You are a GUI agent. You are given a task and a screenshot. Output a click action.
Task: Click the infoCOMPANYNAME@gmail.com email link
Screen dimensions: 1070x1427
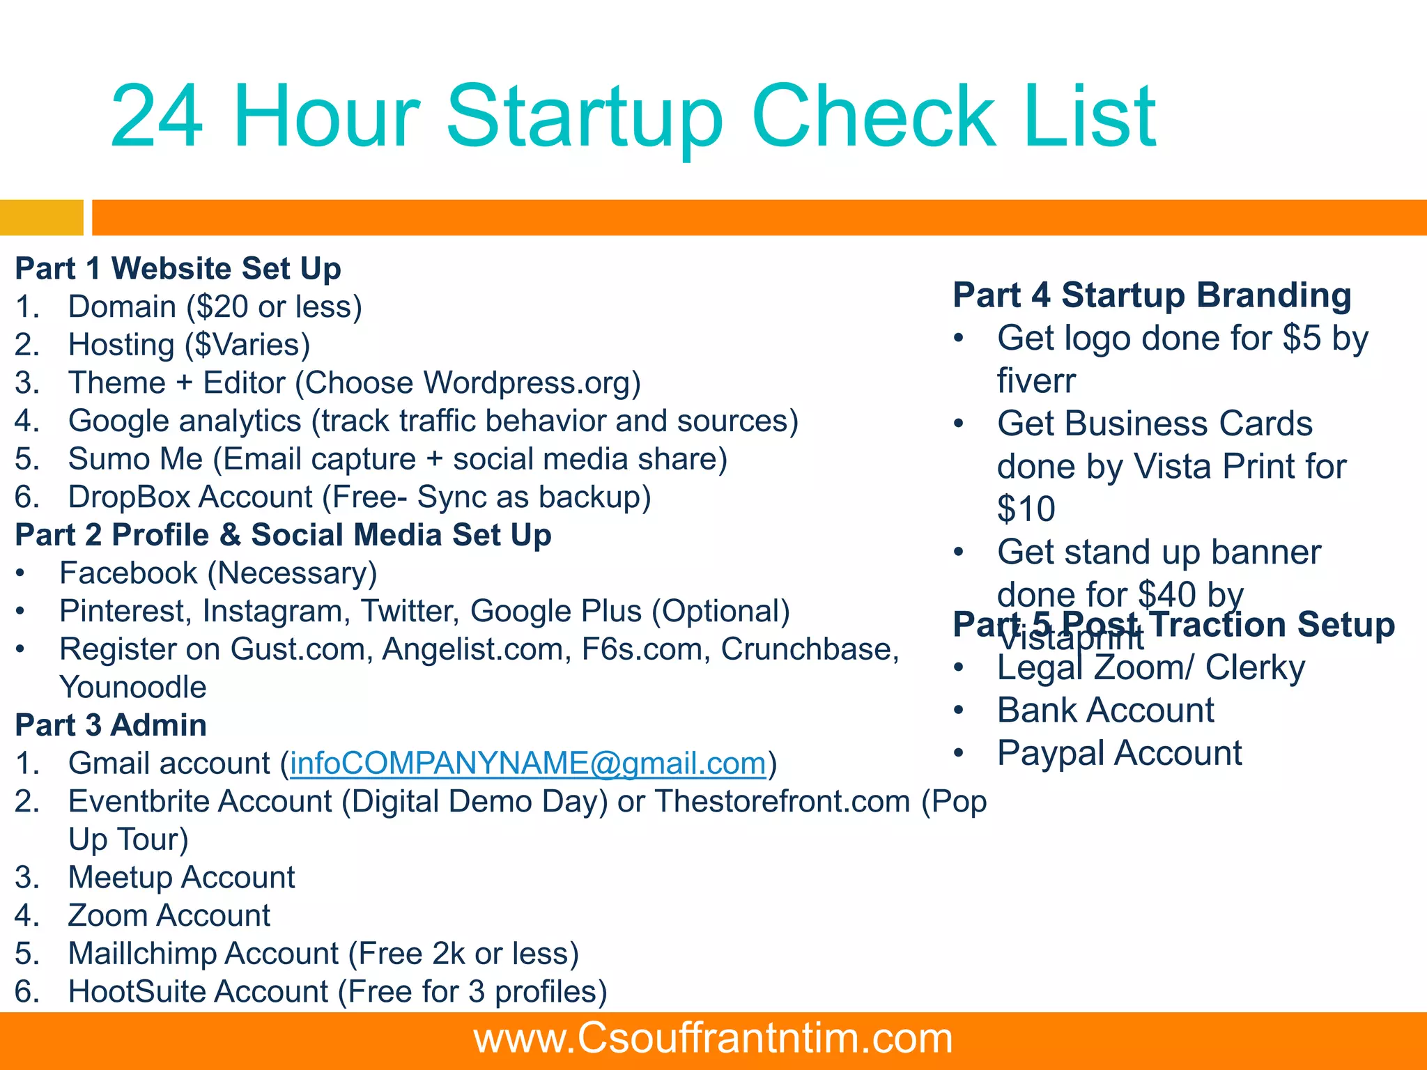pos(527,763)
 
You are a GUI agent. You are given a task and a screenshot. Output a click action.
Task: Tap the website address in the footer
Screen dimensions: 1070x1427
pos(713,1038)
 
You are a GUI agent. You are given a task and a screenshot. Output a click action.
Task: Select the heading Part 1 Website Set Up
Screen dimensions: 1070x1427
pos(178,269)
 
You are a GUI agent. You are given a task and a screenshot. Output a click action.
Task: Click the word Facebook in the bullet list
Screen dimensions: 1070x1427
pos(128,573)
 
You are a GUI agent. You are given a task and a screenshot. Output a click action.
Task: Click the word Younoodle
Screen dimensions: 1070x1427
pos(132,688)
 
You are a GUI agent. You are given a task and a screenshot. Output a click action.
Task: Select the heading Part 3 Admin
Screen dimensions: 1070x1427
pos(111,725)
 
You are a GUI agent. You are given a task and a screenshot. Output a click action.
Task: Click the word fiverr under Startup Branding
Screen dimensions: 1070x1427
pos(1036,381)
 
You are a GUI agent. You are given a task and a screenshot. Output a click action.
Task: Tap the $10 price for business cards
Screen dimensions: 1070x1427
pos(1026,509)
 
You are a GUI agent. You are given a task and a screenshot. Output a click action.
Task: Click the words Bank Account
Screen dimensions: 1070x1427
pos(1105,711)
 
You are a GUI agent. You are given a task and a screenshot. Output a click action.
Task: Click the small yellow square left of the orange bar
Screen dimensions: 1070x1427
pos(41,217)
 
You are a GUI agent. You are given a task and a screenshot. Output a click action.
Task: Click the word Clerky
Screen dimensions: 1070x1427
pos(1255,668)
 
